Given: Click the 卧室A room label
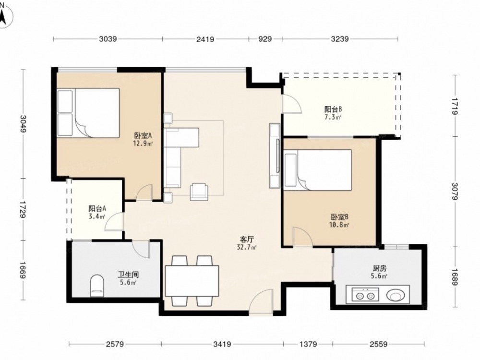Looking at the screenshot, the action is [143, 135].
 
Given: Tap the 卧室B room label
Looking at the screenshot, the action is [340, 217].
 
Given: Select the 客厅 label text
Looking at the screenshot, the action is [247, 240].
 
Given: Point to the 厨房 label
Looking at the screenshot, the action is [380, 268].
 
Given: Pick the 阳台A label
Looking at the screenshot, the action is [97, 209].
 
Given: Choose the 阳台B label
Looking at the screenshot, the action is [333, 109].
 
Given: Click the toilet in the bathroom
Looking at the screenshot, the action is [97, 285].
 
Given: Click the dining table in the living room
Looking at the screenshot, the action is [192, 281].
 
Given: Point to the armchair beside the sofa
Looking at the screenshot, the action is [199, 192].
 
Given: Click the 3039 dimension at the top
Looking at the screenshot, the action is [108, 39].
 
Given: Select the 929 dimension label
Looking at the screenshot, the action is [265, 39].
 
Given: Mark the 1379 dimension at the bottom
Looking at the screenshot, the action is [308, 344].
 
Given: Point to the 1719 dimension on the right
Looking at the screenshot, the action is [455, 106].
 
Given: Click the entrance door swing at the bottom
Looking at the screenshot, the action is [261, 301].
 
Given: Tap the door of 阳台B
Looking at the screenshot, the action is [291, 104].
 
